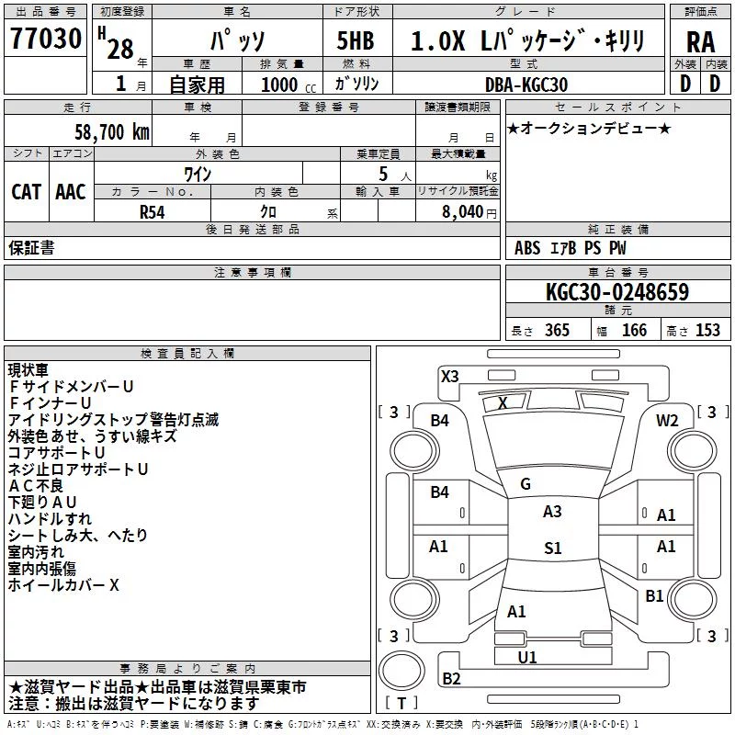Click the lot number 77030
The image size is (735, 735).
pyautogui.click(x=45, y=39)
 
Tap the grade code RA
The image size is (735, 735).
pyautogui.click(x=700, y=42)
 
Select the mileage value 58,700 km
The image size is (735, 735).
pyautogui.click(x=112, y=132)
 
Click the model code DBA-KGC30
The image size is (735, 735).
pyautogui.click(x=526, y=85)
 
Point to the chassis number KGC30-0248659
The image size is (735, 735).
pyautogui.click(x=617, y=292)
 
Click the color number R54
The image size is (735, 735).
pyautogui.click(x=153, y=212)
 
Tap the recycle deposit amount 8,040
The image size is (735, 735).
pyautogui.click(x=462, y=212)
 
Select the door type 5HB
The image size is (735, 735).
pyautogui.click(x=356, y=40)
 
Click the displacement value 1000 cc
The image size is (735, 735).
pyautogui.click(x=288, y=85)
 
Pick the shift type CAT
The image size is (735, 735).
pyautogui.click(x=27, y=192)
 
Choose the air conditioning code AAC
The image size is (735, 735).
pyautogui.click(x=71, y=192)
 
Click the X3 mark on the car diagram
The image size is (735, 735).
pyautogui.click(x=449, y=376)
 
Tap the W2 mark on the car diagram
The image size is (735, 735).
pyautogui.click(x=667, y=421)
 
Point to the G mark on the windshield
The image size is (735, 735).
pyautogui.click(x=526, y=484)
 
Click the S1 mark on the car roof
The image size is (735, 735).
pyautogui.click(x=553, y=548)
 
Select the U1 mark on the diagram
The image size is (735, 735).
pyautogui.click(x=527, y=657)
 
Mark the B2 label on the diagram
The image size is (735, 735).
pyautogui.click(x=451, y=678)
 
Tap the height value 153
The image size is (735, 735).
pyautogui.click(x=707, y=330)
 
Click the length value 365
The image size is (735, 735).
pyautogui.click(x=557, y=330)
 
